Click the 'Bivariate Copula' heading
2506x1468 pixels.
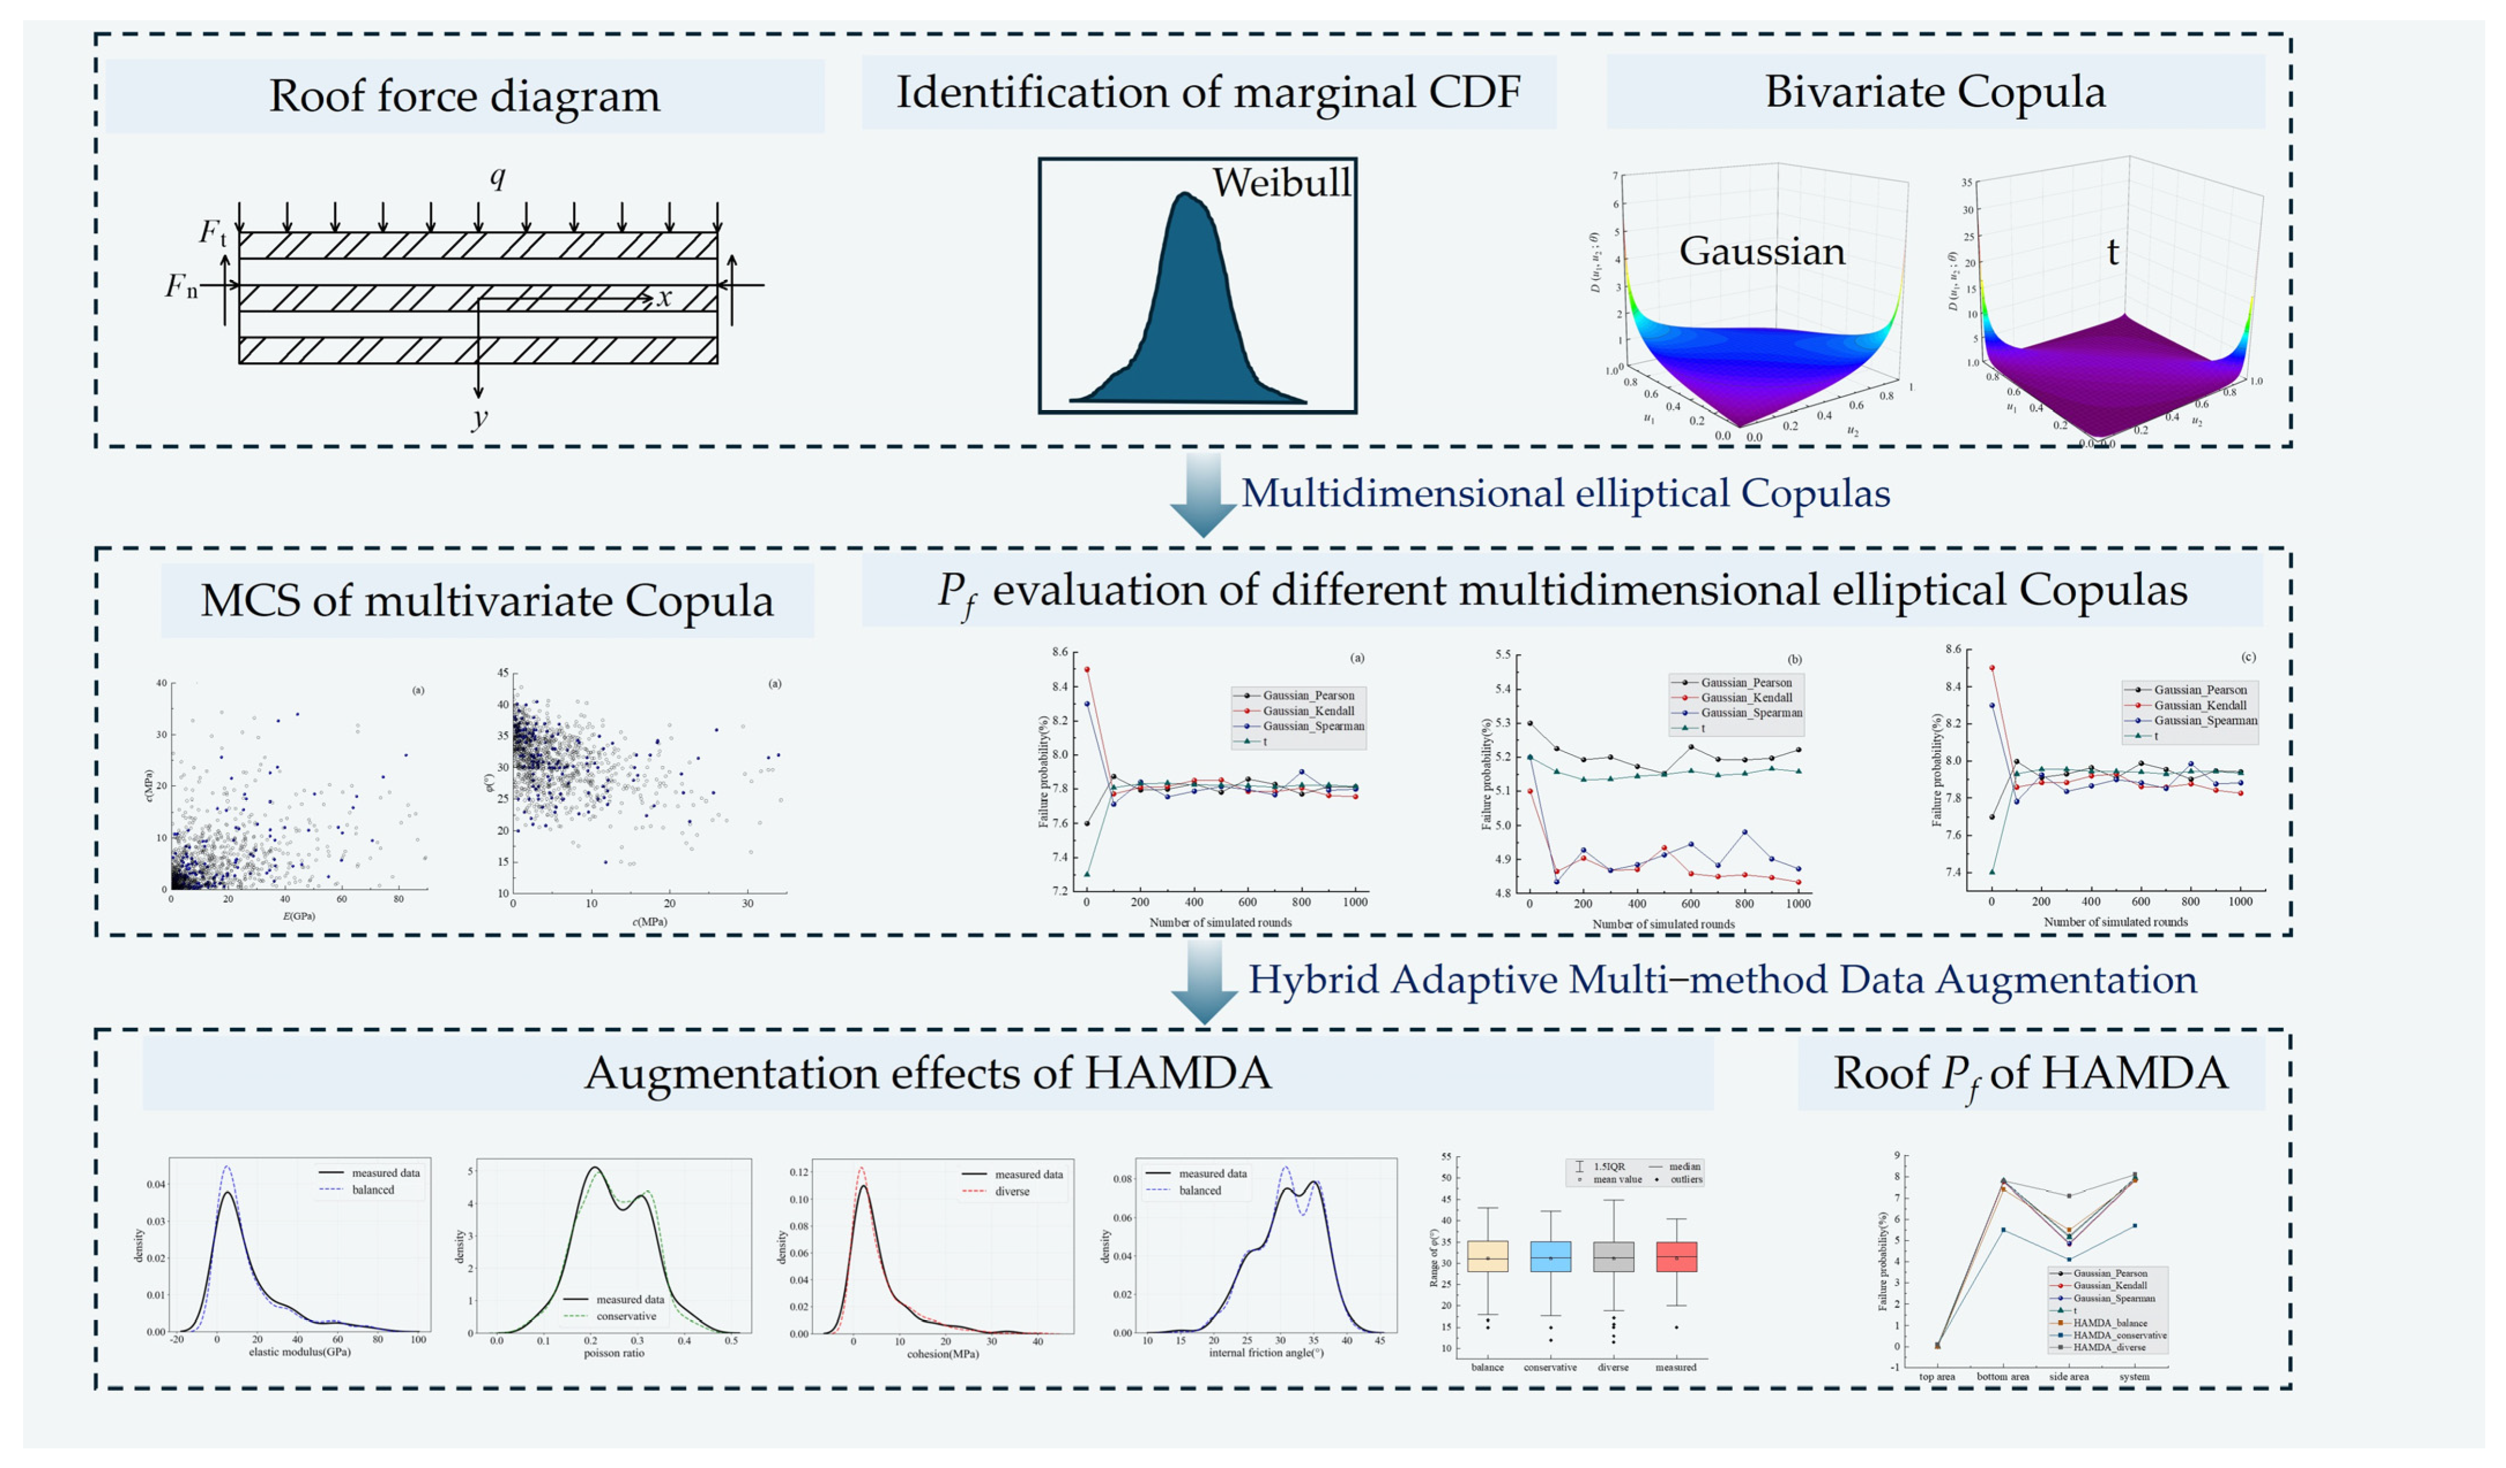tap(1934, 91)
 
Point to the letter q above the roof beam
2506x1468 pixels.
tap(497, 177)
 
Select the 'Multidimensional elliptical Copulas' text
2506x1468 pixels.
tap(1565, 493)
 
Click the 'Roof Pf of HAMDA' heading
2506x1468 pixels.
tap(2031, 1073)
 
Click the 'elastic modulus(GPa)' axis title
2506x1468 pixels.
tap(299, 1351)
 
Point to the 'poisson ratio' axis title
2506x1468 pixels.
tap(614, 1353)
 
